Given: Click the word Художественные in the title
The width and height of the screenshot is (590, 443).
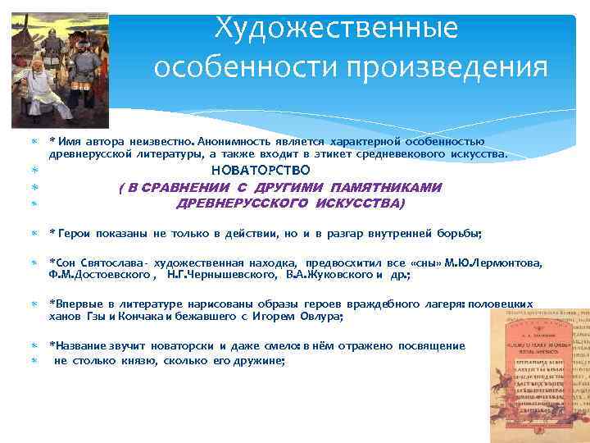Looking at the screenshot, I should [x=335, y=29].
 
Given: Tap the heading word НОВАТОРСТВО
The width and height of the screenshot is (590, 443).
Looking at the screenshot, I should [x=261, y=171].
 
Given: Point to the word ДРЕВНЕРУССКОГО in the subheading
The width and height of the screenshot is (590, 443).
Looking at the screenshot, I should [x=238, y=203].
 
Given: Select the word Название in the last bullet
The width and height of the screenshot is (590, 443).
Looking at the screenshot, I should [x=82, y=346].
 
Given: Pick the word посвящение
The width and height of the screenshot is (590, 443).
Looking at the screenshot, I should [x=432, y=346].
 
